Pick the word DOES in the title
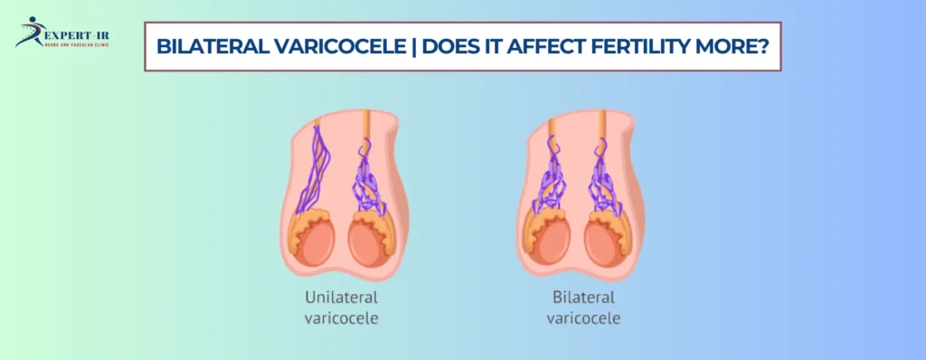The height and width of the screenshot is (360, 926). pos(429,46)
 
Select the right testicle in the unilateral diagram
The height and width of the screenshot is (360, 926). pos(370,242)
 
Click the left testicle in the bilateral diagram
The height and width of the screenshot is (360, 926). pos(552,242)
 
